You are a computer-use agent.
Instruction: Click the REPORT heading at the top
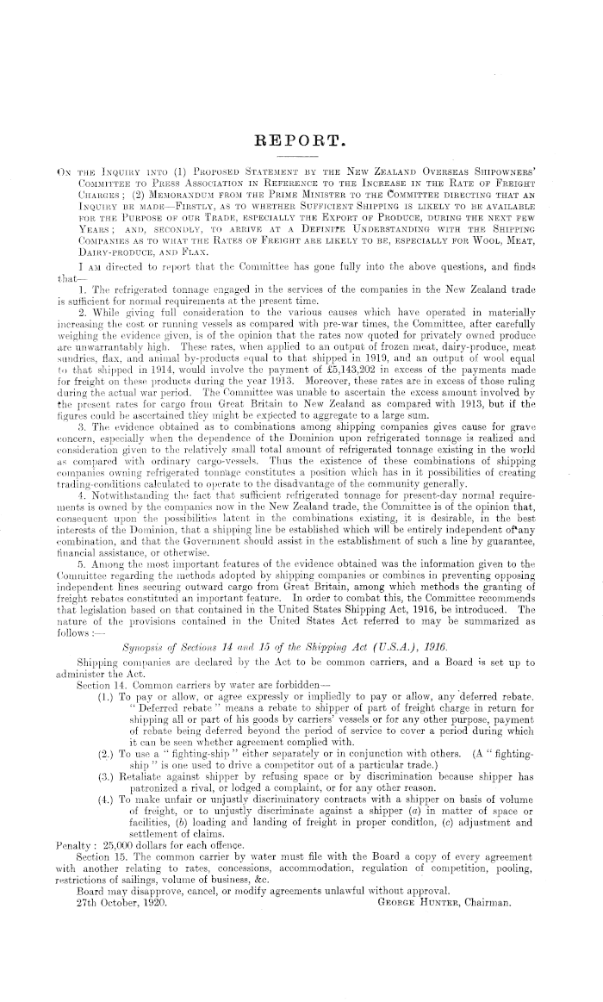[x=301, y=138]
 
